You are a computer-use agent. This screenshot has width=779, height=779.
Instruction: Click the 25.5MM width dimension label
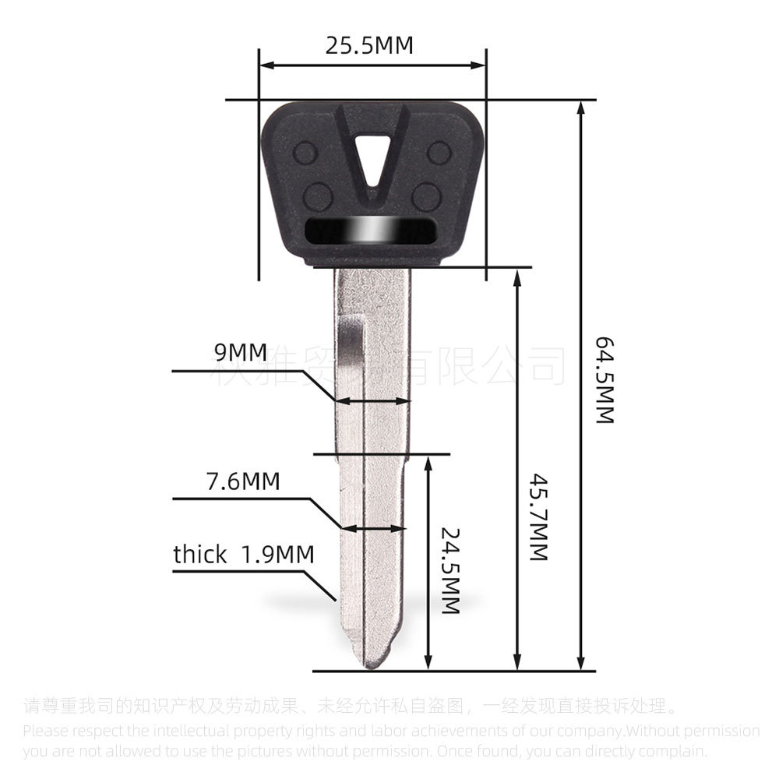point(369,46)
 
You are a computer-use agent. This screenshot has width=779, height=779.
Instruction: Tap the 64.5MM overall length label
point(606,380)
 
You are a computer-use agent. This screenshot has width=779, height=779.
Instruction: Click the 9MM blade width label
point(241,353)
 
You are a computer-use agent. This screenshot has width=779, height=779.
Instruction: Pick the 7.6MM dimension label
point(242,481)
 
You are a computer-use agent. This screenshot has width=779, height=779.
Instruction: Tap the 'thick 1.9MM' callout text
point(243,555)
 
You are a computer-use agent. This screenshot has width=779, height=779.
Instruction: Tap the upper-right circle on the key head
point(439,152)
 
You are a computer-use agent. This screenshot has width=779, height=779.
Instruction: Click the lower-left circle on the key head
point(317,195)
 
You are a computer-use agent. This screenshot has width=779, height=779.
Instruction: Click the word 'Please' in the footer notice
point(46,731)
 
